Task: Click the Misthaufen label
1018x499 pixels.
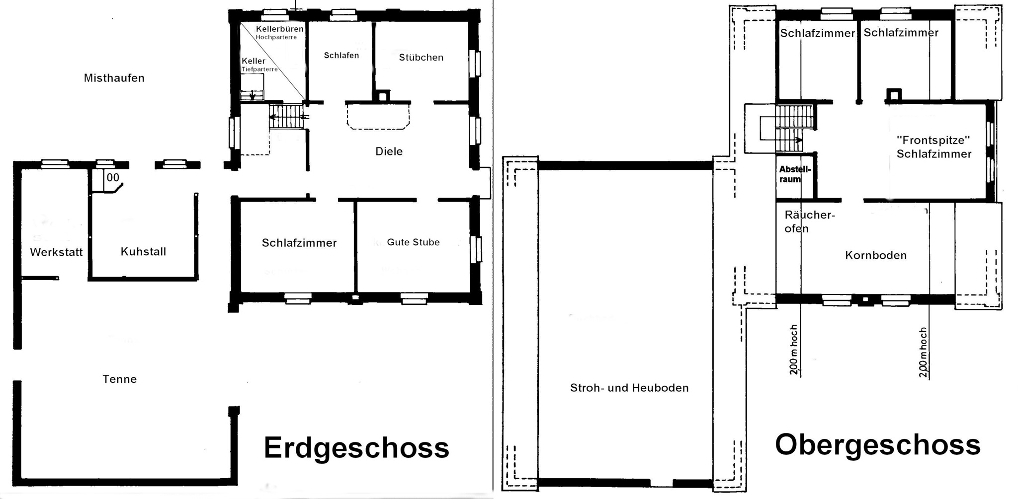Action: (x=114, y=78)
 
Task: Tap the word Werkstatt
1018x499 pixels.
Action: (x=56, y=252)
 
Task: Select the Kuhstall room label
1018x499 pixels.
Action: (x=143, y=252)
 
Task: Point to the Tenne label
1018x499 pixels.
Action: (x=119, y=379)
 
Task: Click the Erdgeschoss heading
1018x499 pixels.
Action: (x=356, y=448)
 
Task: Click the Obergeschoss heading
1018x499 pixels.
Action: (x=877, y=445)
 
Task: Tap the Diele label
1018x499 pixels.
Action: (x=389, y=151)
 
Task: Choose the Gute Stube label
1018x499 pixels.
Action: (x=413, y=242)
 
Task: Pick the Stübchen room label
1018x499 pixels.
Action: (x=421, y=58)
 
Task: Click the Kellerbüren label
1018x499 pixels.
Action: (x=279, y=29)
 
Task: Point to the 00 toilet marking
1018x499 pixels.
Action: (x=113, y=178)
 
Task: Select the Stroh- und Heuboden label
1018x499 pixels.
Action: (x=629, y=388)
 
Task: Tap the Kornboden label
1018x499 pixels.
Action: (x=876, y=255)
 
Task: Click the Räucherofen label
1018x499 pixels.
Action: (x=809, y=221)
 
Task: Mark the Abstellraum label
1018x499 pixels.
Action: (x=794, y=174)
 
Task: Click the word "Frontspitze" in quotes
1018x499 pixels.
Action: (x=933, y=140)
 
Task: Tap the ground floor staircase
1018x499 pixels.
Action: (x=286, y=116)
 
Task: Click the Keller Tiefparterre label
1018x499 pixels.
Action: (x=259, y=65)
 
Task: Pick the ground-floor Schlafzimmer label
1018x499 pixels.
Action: (x=299, y=243)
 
